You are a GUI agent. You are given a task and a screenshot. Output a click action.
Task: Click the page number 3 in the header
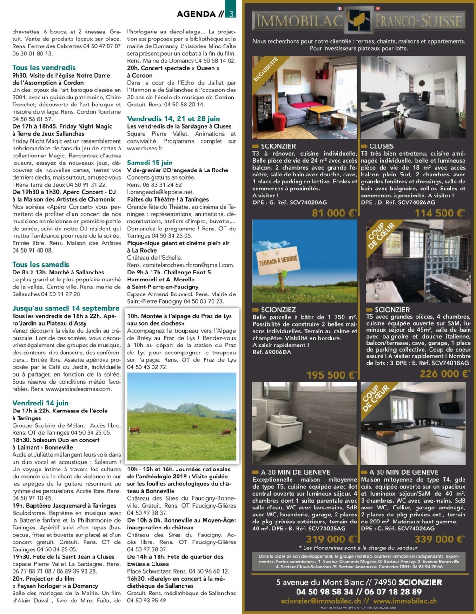[x=231, y=14]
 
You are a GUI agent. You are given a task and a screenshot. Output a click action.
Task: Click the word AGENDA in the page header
[x=196, y=14]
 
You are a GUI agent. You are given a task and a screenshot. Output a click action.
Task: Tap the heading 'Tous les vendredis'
[x=44, y=67]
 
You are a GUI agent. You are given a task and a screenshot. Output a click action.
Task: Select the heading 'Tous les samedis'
[x=41, y=264]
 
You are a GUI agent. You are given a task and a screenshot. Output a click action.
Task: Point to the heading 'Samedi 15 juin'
[x=150, y=163]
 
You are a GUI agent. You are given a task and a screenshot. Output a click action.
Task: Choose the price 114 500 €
[x=439, y=213]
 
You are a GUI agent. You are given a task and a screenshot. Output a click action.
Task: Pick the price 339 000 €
[x=439, y=539]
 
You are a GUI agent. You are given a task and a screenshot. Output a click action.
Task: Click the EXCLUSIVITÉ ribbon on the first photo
[x=265, y=70]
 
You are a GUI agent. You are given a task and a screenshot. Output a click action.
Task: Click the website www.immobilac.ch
[x=405, y=601]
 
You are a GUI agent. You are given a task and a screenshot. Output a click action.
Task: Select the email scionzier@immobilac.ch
[x=321, y=601]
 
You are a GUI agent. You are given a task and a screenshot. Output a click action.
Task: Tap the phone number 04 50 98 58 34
[x=324, y=592]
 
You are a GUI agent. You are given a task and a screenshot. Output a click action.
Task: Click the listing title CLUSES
[x=381, y=146]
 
